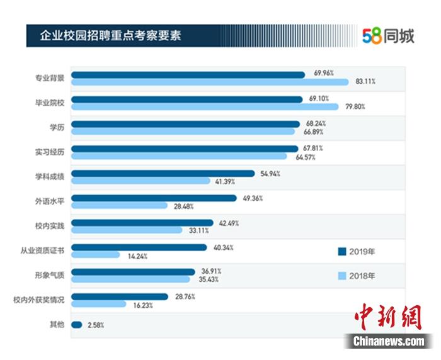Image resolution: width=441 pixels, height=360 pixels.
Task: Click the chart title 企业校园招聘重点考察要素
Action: tap(110, 35)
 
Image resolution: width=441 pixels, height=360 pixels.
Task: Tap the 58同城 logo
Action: tap(389, 36)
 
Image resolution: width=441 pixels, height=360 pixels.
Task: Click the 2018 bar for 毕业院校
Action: tap(205, 106)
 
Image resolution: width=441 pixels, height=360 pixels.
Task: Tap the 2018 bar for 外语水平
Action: tap(119, 205)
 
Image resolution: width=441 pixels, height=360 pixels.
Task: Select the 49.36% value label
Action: tap(253, 198)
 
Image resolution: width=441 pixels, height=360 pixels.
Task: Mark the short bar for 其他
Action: tap(77, 325)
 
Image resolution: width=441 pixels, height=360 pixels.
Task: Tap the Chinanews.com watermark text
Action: tap(389, 341)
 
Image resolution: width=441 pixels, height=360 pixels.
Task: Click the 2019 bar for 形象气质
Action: tap(133, 272)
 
